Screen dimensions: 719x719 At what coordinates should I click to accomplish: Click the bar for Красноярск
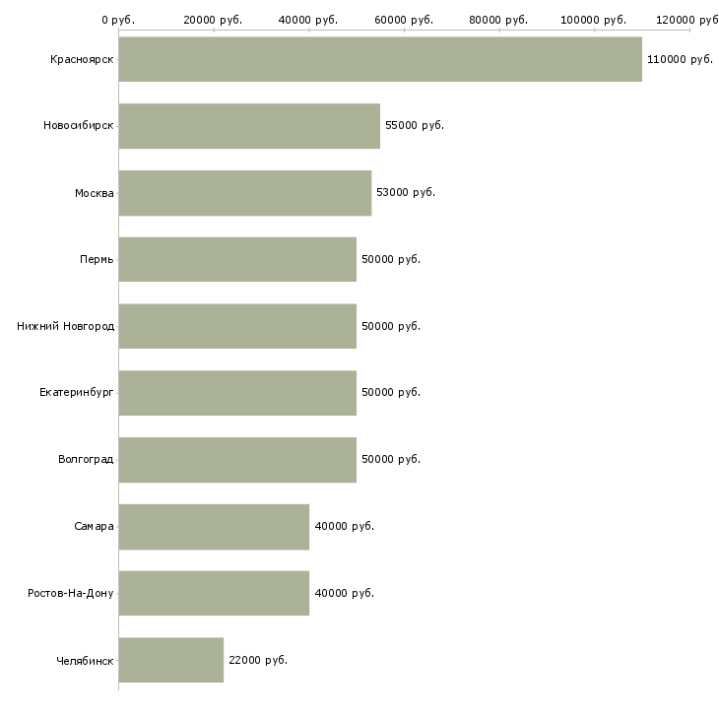(380, 59)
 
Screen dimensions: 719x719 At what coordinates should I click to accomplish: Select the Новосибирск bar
(249, 126)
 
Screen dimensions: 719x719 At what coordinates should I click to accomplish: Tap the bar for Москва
(245, 193)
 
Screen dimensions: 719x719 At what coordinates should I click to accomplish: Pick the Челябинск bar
(171, 660)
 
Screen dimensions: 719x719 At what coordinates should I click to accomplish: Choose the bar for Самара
(214, 527)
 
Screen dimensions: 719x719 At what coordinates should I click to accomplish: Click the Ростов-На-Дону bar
(214, 593)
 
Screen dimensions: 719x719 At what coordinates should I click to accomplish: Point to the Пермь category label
(97, 260)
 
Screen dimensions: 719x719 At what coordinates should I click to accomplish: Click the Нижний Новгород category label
(65, 326)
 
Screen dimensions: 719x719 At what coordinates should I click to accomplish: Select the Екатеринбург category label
(76, 393)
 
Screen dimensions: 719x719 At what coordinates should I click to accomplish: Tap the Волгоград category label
(86, 459)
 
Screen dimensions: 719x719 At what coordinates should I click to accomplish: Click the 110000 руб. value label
(680, 59)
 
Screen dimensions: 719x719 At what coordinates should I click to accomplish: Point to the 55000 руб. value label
(415, 125)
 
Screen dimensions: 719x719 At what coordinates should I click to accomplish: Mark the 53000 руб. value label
(406, 192)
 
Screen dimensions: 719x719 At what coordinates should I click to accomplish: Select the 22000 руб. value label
(258, 660)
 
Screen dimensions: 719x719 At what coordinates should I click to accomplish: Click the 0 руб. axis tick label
(118, 20)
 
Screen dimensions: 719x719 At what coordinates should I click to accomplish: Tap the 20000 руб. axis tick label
(213, 20)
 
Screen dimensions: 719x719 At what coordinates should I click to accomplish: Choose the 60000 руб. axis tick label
(404, 20)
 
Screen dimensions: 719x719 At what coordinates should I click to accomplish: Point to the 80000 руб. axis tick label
(498, 20)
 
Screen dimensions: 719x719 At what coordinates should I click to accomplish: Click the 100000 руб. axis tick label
(593, 20)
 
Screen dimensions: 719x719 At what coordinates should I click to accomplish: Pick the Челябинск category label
(85, 661)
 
